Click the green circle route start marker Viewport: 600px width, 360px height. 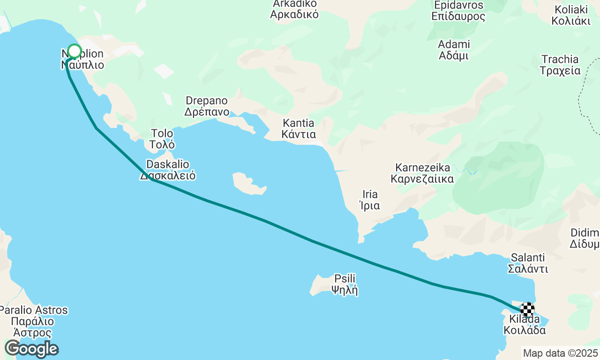coord(75,52)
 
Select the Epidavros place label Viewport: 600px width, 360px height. coord(458,11)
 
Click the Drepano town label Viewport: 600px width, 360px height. coord(207,106)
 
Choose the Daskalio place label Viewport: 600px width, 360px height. coord(168,170)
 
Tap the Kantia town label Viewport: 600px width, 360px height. coord(299,129)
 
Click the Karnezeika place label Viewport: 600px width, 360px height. coord(422,173)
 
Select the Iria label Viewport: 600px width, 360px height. coord(370,200)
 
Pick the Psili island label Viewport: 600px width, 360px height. coord(345,284)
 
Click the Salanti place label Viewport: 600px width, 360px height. coord(528,263)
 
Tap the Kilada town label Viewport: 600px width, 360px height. coord(525,325)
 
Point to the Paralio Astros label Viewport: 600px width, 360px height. coord(33,322)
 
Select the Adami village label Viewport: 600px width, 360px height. coord(454,50)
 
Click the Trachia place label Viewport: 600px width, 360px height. coord(560,65)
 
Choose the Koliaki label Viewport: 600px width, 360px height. coord(570,15)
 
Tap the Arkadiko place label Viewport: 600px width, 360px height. coord(294,9)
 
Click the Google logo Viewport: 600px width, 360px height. coord(31,349)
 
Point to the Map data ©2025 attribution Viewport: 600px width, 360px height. coord(560,353)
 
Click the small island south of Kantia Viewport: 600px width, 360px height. coord(249,183)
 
